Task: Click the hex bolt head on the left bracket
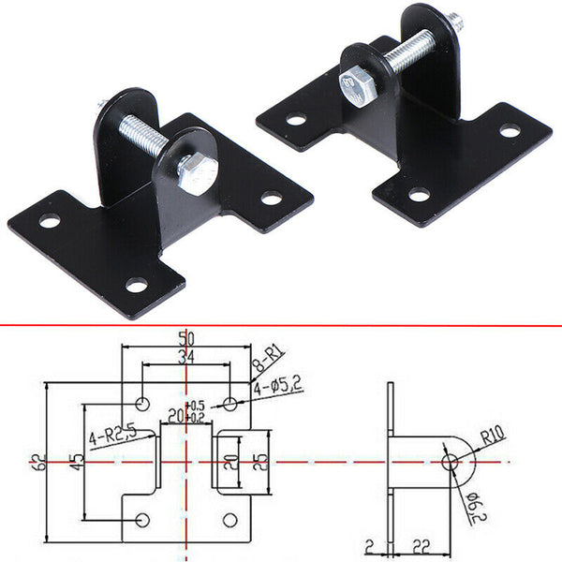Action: pos(198,173)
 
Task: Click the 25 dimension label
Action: pos(266,461)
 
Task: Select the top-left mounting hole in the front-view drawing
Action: pos(141,404)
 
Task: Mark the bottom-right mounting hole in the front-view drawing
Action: pos(229,518)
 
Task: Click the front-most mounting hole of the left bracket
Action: pos(137,285)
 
